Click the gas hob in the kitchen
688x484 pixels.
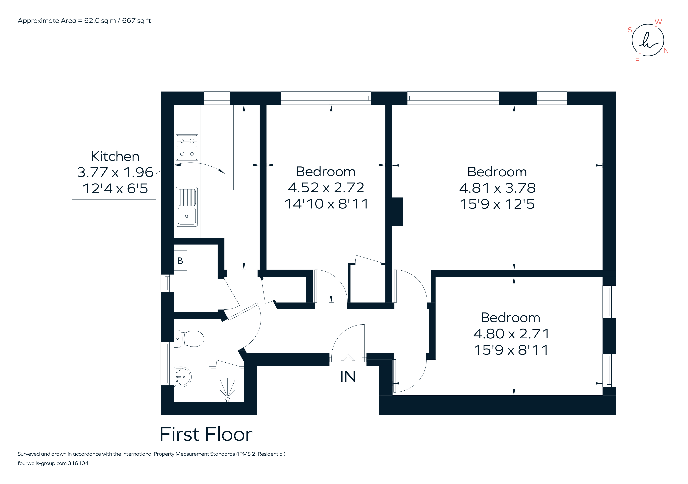click(187, 147)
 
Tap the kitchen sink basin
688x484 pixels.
click(187, 216)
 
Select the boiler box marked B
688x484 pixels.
click(180, 261)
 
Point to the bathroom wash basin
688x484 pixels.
click(183, 377)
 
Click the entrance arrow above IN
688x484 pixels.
click(348, 360)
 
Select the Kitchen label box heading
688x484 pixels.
click(115, 156)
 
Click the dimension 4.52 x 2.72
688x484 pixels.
click(326, 187)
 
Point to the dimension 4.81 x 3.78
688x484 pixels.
click(497, 188)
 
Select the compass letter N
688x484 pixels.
click(666, 51)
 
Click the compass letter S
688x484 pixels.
click(630, 30)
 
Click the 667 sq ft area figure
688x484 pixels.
click(136, 21)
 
